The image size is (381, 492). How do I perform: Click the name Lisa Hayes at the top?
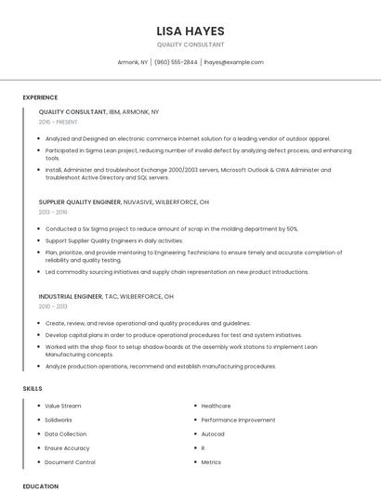pyautogui.click(x=190, y=31)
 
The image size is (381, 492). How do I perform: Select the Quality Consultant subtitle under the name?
pyautogui.click(x=190, y=45)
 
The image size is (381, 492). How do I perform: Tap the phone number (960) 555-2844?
pyautogui.click(x=176, y=62)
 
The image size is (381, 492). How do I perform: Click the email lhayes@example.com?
pyautogui.click(x=233, y=62)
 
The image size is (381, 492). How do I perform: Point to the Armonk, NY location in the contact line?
pyautogui.click(x=133, y=62)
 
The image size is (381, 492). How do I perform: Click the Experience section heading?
pyautogui.click(x=40, y=97)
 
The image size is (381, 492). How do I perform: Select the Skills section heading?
pyautogui.click(x=33, y=387)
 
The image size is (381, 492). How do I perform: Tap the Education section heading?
pyautogui.click(x=40, y=486)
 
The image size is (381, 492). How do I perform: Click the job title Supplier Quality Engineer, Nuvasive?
pyautogui.click(x=124, y=201)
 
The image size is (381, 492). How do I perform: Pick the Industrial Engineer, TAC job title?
pyautogui.click(x=106, y=296)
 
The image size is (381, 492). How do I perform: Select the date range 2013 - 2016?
pyautogui.click(x=53, y=213)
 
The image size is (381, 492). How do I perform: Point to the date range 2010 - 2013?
pyautogui.click(x=53, y=306)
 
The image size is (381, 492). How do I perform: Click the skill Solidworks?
pyautogui.click(x=59, y=420)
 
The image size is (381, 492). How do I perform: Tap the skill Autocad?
pyautogui.click(x=213, y=434)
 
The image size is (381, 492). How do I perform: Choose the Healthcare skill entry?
pyautogui.click(x=216, y=406)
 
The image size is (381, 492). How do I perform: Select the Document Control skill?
pyautogui.click(x=70, y=461)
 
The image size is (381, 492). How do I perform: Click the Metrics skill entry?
pyautogui.click(x=211, y=461)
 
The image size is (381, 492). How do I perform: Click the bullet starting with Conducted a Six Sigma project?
pyautogui.click(x=171, y=228)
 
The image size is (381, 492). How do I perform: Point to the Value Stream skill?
pyautogui.click(x=62, y=406)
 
